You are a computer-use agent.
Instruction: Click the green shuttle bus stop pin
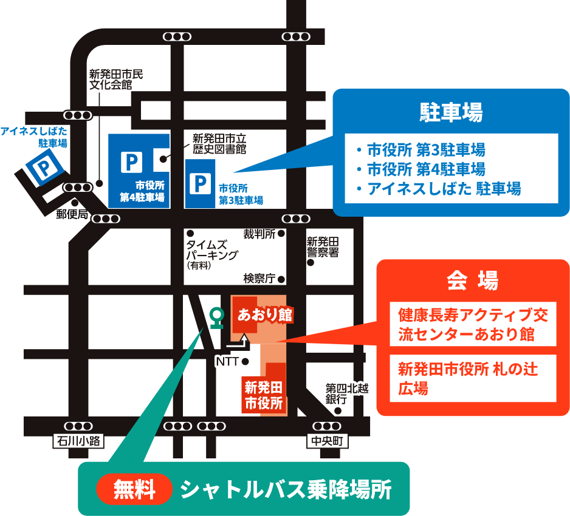coord(215,316)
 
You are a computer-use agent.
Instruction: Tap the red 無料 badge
coord(134,489)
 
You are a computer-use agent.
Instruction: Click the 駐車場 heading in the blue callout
coord(451,113)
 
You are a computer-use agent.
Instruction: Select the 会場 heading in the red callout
coord(472,281)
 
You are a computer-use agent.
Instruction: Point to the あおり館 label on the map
coord(264,315)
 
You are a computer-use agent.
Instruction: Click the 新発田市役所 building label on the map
coord(264,395)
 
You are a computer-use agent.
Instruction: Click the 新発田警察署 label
coord(323,247)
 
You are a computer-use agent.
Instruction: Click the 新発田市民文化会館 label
coord(116,80)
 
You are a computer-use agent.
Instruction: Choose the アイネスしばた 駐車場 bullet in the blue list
coord(444,189)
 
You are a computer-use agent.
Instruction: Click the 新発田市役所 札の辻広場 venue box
coord(473,378)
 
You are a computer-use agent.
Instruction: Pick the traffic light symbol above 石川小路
coord(78,426)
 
